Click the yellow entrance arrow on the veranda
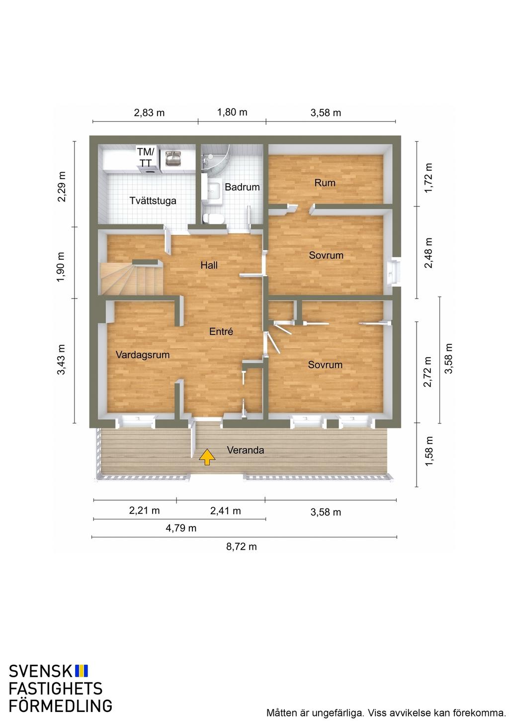(207, 457)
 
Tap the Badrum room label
(242, 187)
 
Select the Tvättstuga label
(153, 201)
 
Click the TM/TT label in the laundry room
(146, 157)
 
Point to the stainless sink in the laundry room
(174, 158)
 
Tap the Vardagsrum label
(143, 355)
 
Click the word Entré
(221, 331)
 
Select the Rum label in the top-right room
(325, 183)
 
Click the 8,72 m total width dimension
(242, 546)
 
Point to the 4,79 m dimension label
(181, 528)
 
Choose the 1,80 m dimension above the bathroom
(232, 112)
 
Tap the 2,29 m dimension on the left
(62, 187)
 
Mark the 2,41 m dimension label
(225, 511)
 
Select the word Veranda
(246, 450)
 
